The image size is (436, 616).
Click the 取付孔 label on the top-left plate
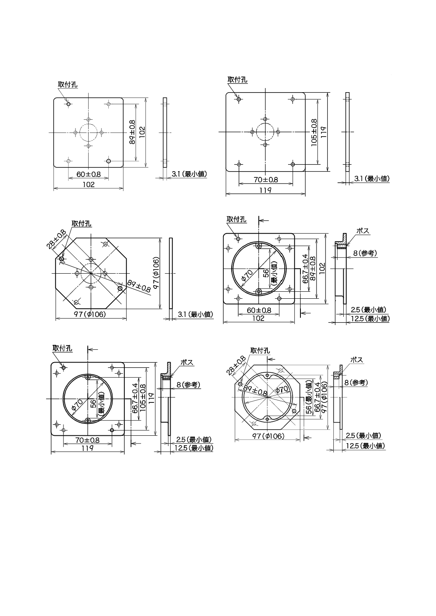coord(68,84)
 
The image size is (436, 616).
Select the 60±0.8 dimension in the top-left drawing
coord(89,174)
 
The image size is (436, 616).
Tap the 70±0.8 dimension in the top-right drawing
coord(265,179)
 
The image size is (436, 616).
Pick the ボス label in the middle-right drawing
coord(363,231)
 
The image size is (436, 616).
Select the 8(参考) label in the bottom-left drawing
coord(188,384)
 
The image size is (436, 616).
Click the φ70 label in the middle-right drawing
coord(246,276)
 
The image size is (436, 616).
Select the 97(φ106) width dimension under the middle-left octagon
coord(90,314)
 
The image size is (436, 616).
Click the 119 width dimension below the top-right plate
coord(265,190)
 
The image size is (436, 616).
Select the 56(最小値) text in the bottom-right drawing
coord(309,398)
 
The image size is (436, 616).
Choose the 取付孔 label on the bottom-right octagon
coord(260,350)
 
